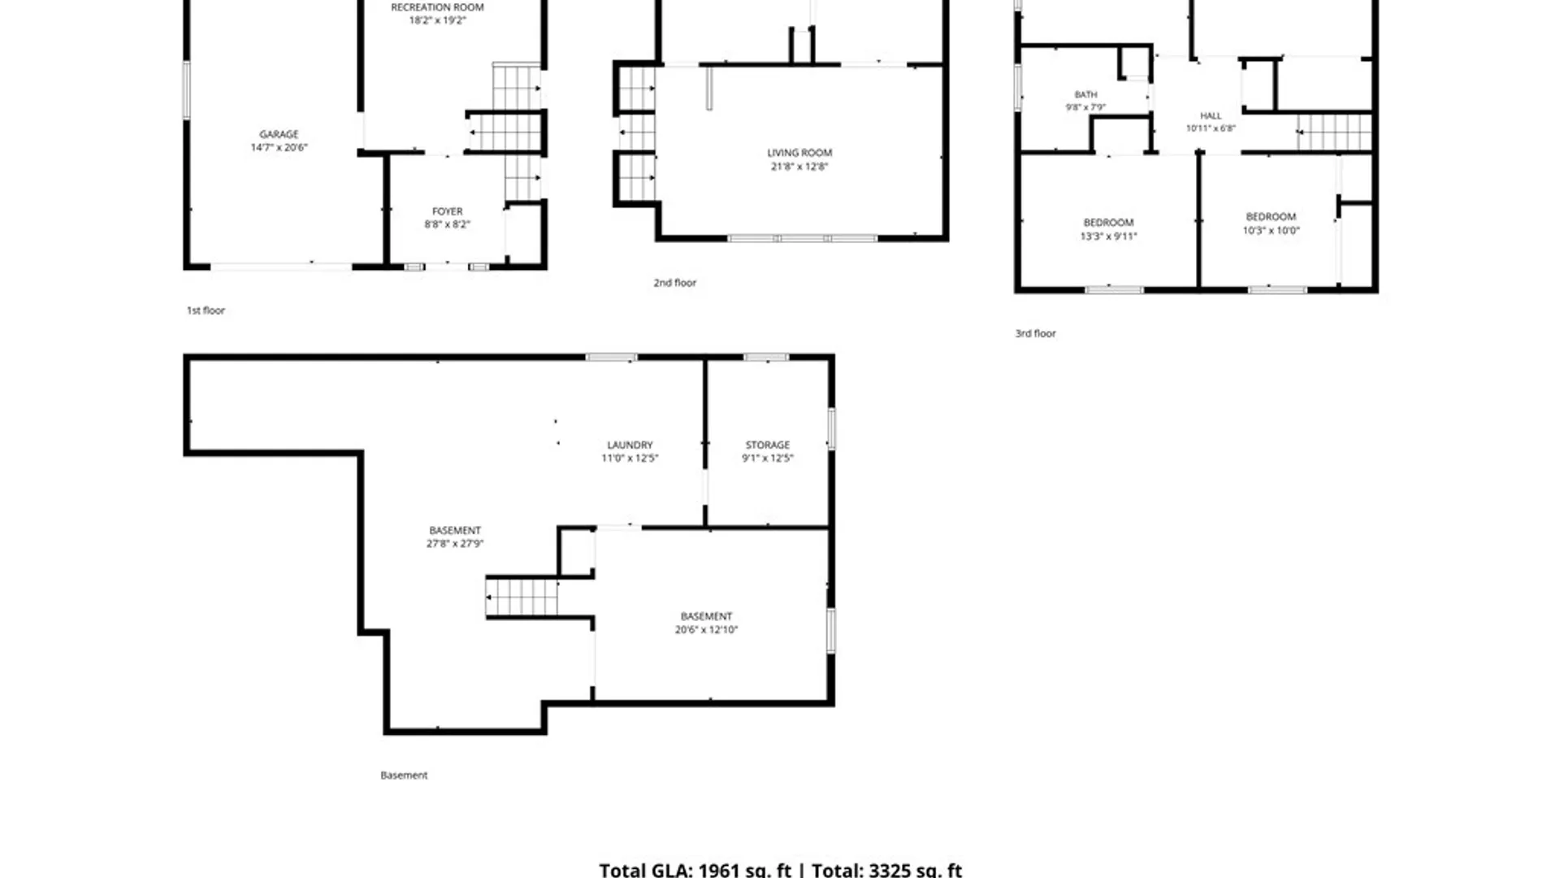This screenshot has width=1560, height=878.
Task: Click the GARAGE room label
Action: (279, 134)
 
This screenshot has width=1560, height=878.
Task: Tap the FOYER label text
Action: (447, 211)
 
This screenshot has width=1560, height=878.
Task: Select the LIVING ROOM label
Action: (799, 153)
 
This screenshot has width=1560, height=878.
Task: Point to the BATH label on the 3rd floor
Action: (1085, 94)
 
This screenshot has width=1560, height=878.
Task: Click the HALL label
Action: (1211, 115)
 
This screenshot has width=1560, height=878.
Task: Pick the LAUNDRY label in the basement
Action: (630, 446)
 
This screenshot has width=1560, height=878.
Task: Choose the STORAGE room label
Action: (768, 446)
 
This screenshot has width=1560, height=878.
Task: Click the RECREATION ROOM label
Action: (437, 7)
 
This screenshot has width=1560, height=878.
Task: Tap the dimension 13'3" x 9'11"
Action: (1108, 237)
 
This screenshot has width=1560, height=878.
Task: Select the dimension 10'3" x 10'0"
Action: (1271, 231)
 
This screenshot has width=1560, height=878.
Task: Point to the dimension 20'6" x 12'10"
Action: (706, 630)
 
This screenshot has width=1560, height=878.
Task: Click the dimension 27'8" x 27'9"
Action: (455, 544)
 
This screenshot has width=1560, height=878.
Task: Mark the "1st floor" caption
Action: (206, 311)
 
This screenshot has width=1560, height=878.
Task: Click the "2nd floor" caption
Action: (675, 283)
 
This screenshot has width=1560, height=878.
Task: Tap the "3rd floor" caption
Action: (1035, 333)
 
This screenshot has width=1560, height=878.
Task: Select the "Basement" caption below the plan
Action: (404, 776)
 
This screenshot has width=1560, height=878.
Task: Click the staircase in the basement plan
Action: (522, 598)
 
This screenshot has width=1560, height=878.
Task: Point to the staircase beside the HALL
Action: (1334, 132)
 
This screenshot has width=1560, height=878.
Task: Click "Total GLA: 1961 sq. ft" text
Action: (695, 869)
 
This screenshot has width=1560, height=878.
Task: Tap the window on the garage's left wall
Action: (186, 89)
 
